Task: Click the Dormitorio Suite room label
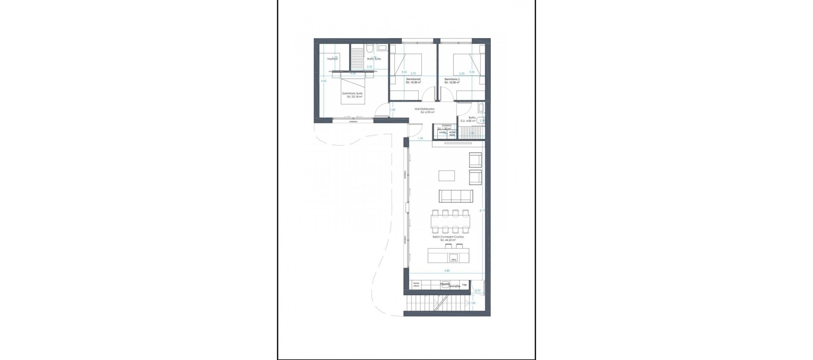point(352,93)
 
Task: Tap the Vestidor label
point(332,59)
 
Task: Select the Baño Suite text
point(374,59)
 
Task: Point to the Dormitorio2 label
point(413,79)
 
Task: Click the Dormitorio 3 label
point(452,79)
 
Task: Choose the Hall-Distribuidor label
point(425,109)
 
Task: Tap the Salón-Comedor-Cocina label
point(448,237)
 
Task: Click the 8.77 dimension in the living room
point(482,210)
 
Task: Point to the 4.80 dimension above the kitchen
point(447,271)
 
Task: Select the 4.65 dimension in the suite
point(324,80)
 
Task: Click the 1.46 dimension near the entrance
point(420,138)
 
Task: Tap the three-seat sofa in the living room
point(456,196)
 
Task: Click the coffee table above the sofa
point(447,175)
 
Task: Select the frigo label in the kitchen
point(465,285)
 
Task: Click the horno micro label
point(416,285)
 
